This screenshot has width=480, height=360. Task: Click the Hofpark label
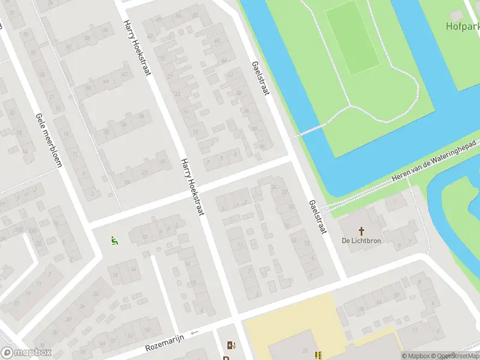pyautogui.click(x=463, y=26)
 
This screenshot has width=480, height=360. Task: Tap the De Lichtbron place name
pyautogui.click(x=361, y=241)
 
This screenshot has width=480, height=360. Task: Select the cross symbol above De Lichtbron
pyautogui.click(x=361, y=230)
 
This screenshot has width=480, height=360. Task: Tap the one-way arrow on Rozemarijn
pyautogui.click(x=193, y=333)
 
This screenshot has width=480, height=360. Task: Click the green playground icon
pyautogui.click(x=114, y=241)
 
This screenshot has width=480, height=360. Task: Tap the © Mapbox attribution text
pyautogui.click(x=416, y=356)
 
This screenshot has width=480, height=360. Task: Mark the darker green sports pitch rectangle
pyautogui.click(x=352, y=37)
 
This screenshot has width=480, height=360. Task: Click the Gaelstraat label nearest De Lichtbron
pyautogui.click(x=317, y=217)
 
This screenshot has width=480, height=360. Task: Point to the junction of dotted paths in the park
pyautogui.click(x=349, y=107)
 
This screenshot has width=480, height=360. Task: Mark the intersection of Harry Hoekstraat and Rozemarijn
pyautogui.click(x=236, y=325)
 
